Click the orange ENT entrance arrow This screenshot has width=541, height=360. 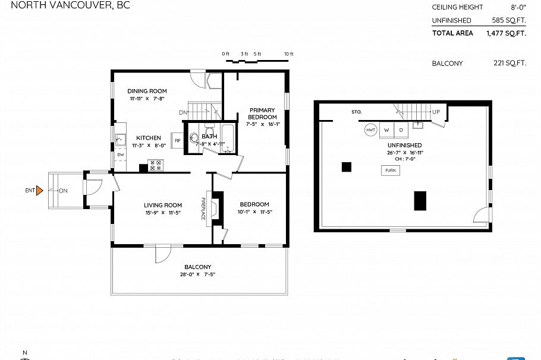[x=39, y=191]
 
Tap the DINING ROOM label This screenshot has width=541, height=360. [x=147, y=91]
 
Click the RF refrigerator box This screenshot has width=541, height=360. [x=177, y=141]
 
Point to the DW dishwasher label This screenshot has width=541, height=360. [x=120, y=154]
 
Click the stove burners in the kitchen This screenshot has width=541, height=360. [x=156, y=166]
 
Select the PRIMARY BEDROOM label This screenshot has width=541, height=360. [x=262, y=113]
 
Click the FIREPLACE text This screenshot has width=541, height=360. [x=202, y=209]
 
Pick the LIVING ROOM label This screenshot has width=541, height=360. [x=163, y=205]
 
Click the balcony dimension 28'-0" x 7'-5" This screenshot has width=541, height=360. [x=197, y=274]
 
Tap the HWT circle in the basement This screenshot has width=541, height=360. [x=370, y=130]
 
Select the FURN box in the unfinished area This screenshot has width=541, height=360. [x=390, y=170]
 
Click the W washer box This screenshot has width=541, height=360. [x=386, y=130]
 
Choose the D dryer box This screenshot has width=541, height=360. [x=401, y=130]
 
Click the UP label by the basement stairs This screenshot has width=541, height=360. [x=436, y=112]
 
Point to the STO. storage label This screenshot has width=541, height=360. [x=356, y=112]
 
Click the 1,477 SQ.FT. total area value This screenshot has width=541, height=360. [x=505, y=33]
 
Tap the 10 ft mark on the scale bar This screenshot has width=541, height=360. [x=288, y=54]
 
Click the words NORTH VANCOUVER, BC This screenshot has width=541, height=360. [x=65, y=5]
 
